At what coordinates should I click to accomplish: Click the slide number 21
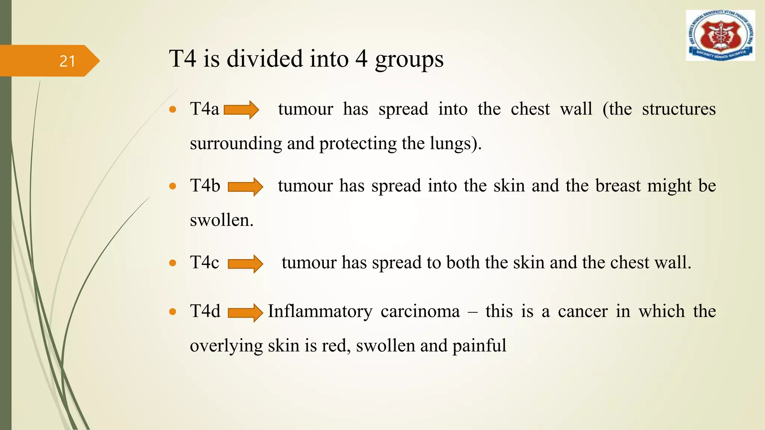(x=67, y=61)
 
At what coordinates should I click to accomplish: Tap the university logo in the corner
(x=720, y=35)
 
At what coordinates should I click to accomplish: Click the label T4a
(x=204, y=109)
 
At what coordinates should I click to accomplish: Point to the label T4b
(x=205, y=186)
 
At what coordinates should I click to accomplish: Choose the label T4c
(x=204, y=262)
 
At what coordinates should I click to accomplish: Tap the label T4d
(x=205, y=311)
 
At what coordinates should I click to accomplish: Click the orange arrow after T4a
(x=241, y=110)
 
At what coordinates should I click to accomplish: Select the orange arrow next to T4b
(x=245, y=187)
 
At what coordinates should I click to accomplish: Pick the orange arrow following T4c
(x=245, y=264)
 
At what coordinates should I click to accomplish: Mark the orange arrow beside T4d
(x=245, y=312)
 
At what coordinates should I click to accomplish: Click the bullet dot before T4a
(x=173, y=109)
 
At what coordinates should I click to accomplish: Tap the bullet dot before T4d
(x=173, y=312)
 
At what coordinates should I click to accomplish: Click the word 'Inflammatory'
(x=320, y=311)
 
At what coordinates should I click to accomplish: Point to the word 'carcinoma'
(x=420, y=311)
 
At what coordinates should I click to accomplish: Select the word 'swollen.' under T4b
(x=222, y=220)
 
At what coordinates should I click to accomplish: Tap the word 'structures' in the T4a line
(x=679, y=109)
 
